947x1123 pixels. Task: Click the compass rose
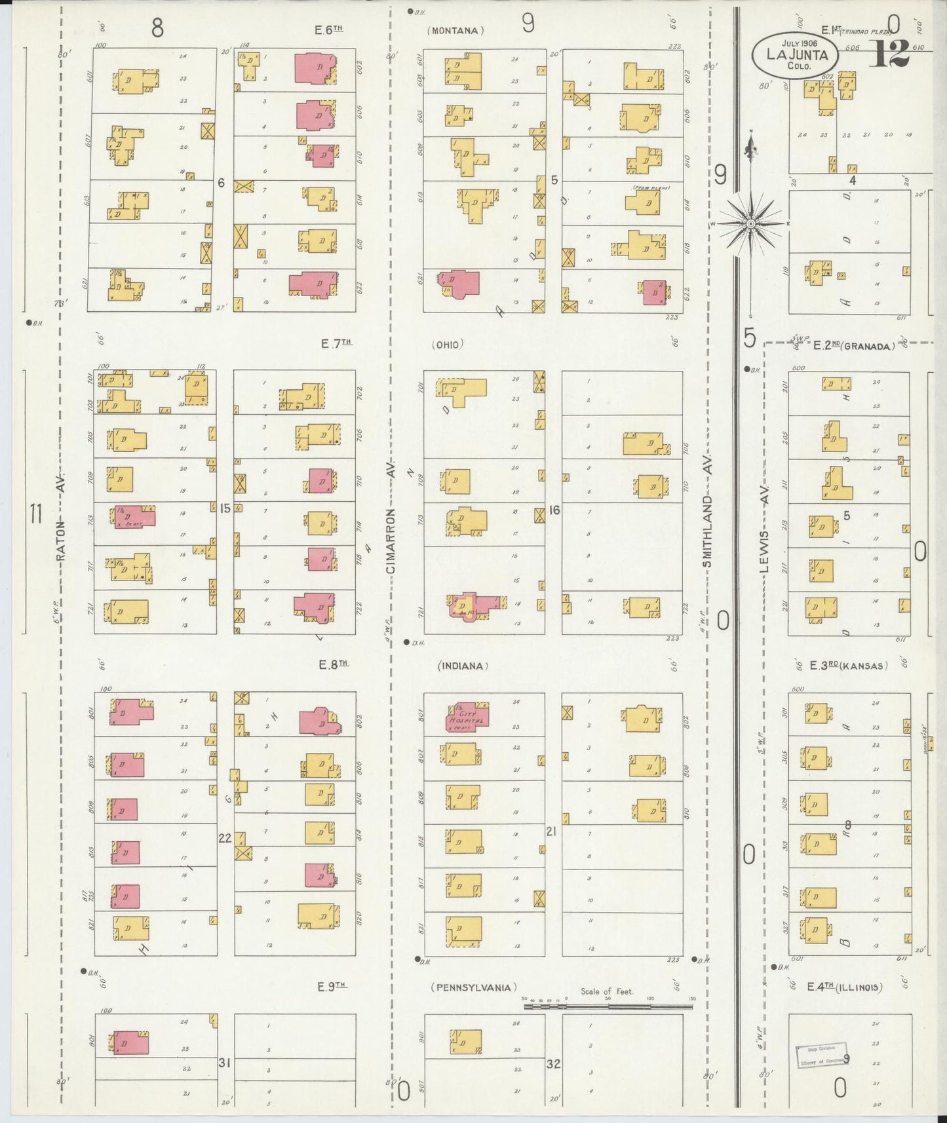point(750,223)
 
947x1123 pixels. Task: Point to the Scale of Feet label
point(607,991)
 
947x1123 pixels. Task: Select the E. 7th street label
point(337,343)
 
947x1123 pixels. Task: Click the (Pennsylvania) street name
point(474,987)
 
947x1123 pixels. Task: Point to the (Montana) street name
point(455,30)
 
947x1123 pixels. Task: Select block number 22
point(225,838)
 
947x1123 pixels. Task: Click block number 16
point(554,510)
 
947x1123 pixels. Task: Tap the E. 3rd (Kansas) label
point(849,666)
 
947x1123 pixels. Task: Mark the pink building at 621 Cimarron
point(459,283)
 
